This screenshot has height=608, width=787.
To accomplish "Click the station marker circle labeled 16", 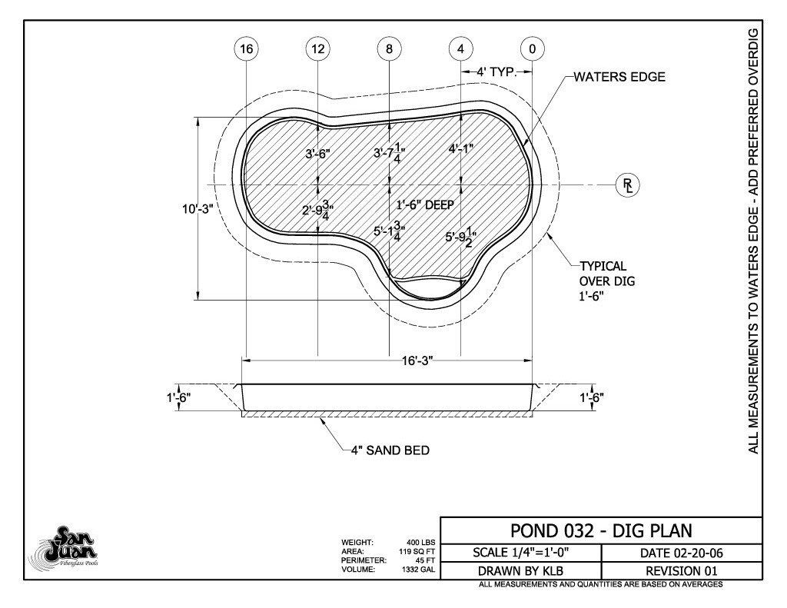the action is (247, 48).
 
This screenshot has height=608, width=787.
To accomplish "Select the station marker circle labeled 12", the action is (318, 48).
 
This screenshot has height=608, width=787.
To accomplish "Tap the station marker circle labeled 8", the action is (390, 48).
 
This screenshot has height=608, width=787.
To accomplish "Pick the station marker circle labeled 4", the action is (461, 48).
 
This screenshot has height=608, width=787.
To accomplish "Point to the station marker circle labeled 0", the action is (532, 48).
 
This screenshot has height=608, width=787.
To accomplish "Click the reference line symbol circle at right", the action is (628, 184).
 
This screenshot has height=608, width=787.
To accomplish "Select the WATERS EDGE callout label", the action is (619, 77).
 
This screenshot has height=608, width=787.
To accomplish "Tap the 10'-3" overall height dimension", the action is (198, 208).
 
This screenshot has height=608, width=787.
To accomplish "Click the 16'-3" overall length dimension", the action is (417, 360).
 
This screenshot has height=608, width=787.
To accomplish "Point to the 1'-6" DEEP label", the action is (425, 204).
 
